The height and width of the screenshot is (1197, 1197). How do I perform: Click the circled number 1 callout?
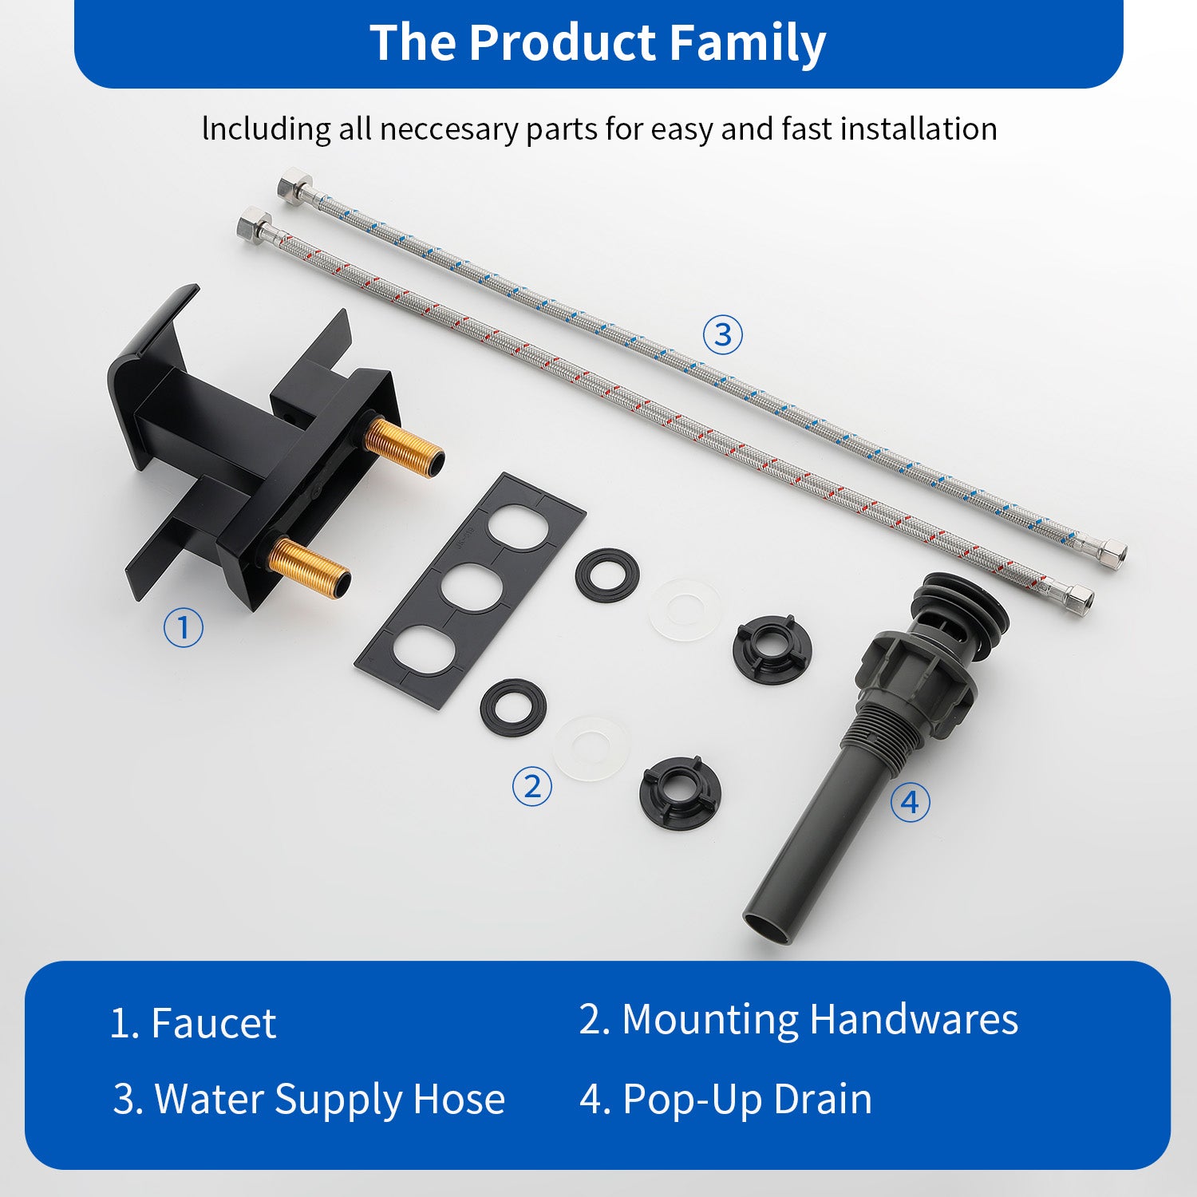tap(183, 627)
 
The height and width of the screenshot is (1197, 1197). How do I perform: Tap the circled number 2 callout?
tap(532, 786)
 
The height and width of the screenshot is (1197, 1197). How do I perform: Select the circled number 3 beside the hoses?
tap(722, 334)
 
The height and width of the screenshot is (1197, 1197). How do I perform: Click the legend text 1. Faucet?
tap(192, 1023)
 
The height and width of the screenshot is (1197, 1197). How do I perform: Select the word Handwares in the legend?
tap(914, 1019)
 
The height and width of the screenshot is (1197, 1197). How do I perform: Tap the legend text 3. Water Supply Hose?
tap(309, 1099)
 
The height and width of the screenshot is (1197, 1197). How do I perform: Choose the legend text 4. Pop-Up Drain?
tap(725, 1099)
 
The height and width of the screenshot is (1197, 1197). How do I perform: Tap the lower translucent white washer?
tap(591, 749)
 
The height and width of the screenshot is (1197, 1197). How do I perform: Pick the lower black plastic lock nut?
tap(680, 792)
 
